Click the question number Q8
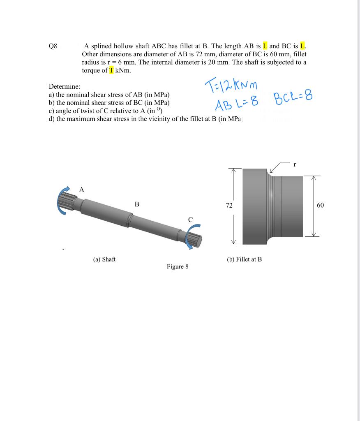click(53, 46)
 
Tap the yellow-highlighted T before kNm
click(111, 70)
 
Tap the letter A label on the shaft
click(81, 190)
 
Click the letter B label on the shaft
click(137, 204)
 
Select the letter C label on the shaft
click(190, 220)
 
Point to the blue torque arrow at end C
click(193, 238)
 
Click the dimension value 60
click(321, 205)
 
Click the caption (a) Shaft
click(104, 259)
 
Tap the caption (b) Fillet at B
click(244, 259)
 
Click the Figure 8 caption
click(178, 266)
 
